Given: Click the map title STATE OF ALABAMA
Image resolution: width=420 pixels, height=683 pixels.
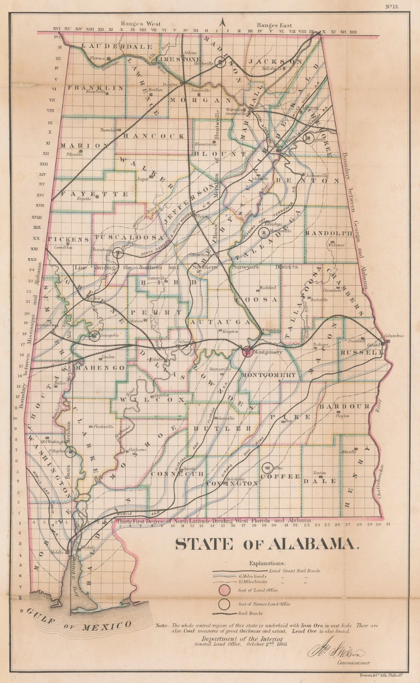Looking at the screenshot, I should click(267, 544).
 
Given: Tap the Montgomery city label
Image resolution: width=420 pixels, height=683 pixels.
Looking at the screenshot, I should click(268, 352).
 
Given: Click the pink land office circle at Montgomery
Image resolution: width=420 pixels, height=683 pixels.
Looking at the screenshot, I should click(247, 352).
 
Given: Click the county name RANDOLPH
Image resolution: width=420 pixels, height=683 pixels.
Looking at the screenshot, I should click(329, 233).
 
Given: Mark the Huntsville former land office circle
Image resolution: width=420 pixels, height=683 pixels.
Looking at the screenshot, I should click(220, 63).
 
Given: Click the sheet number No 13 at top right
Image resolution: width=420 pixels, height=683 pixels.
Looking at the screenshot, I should click(391, 6).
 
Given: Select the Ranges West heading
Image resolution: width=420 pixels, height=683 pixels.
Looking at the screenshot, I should click(141, 24).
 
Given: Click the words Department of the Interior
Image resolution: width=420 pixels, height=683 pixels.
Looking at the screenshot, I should click(242, 639).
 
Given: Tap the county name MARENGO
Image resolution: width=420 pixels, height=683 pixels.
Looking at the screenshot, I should click(101, 368).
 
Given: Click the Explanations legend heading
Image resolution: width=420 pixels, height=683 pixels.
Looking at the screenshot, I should click(267, 563).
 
